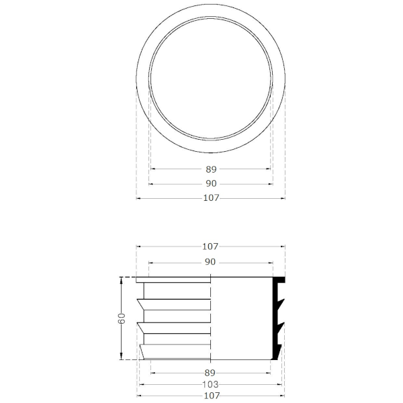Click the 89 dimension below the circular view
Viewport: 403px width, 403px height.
coord(211,169)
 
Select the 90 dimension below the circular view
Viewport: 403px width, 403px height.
coord(211,183)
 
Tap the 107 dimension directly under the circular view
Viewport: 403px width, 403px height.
coord(212,198)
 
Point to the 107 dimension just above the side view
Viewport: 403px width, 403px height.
coord(210,247)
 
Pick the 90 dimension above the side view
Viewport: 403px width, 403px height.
coord(210,262)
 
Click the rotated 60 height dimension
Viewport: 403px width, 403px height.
coord(122,318)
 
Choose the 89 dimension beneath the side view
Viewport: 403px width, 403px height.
coord(210,373)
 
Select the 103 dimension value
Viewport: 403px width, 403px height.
coord(210,384)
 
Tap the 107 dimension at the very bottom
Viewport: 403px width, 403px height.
coord(212,396)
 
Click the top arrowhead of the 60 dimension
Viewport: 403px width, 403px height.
coord(122,279)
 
